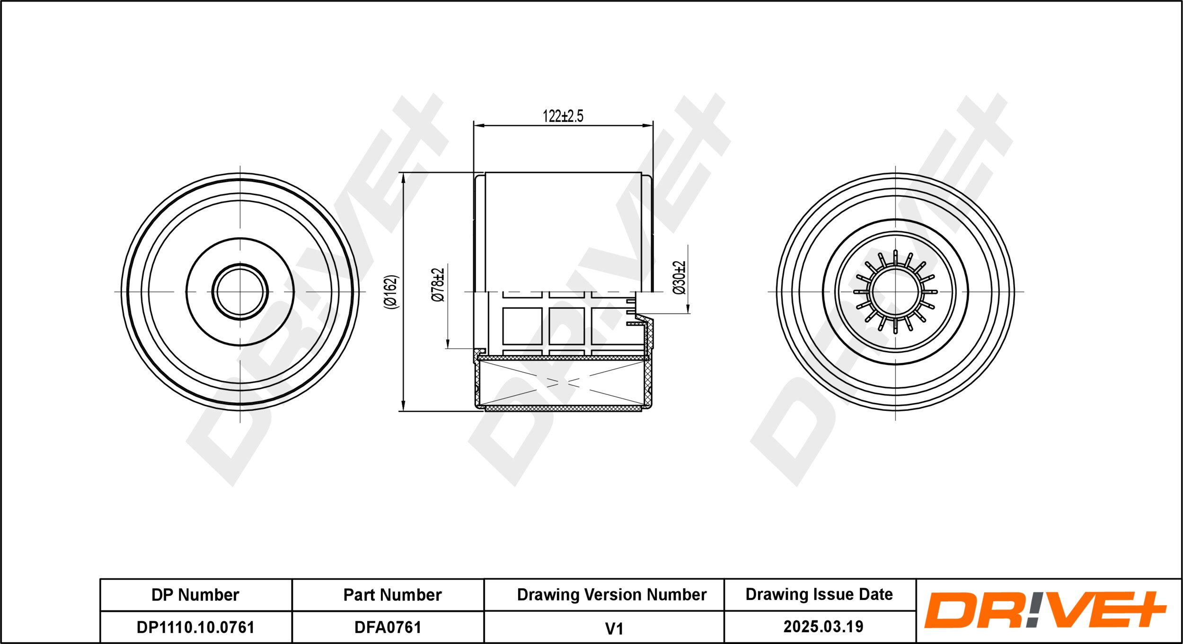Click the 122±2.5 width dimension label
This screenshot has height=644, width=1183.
coord(563,116)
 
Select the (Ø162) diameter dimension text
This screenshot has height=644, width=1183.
coord(391,292)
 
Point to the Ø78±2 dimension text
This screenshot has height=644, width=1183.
coord(438,284)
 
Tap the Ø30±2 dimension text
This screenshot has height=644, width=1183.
coord(679,278)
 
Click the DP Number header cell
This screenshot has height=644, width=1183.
coord(195,595)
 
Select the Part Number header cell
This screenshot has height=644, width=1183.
coord(392,595)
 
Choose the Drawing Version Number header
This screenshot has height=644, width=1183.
coord(611,594)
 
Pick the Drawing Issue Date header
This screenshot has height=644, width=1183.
coord(819,594)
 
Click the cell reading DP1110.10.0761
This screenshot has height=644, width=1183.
coord(195,627)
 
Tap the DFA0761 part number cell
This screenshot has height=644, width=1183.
coord(388,627)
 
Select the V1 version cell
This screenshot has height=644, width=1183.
coord(614,628)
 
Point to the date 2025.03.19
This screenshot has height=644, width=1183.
coord(823,627)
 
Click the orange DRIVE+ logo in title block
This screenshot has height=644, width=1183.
coord(1045,610)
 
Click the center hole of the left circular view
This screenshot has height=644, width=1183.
coord(240,292)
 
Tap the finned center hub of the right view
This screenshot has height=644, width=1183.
coord(895,292)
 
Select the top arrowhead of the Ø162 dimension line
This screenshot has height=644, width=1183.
coord(403,178)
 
